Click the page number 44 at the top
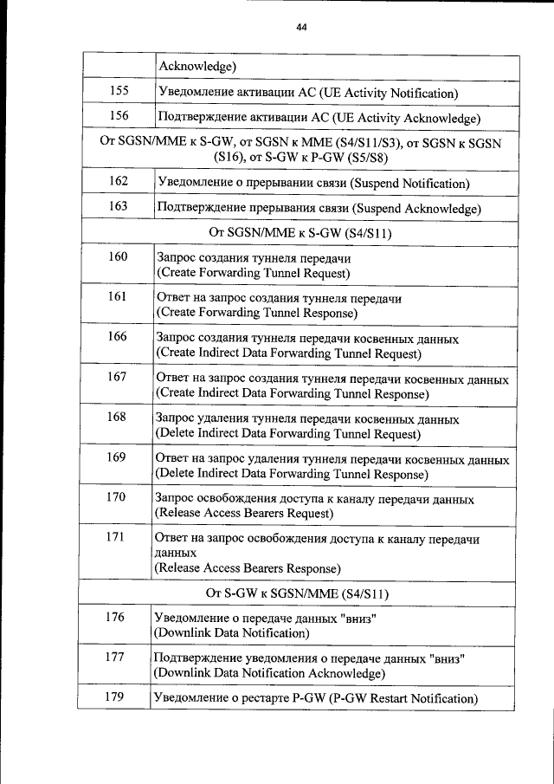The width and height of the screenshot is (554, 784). click(x=301, y=27)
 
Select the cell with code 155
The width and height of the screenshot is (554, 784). click(x=119, y=91)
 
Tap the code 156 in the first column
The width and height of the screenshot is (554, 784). click(x=119, y=116)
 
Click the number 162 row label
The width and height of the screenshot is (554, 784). click(x=119, y=181)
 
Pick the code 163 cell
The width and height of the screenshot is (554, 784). click(x=119, y=206)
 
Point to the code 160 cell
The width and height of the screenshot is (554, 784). click(x=118, y=256)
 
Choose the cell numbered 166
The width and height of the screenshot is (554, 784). click(x=117, y=336)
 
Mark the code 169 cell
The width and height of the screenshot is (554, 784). click(x=116, y=457)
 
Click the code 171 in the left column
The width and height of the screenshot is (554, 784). click(x=116, y=537)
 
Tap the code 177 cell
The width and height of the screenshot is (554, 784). click(x=115, y=657)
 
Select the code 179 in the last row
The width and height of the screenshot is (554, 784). click(x=115, y=697)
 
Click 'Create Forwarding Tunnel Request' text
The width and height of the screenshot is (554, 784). click(x=253, y=273)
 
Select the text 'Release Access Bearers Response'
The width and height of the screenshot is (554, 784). click(x=247, y=568)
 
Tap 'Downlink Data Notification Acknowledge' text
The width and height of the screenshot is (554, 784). click(x=268, y=673)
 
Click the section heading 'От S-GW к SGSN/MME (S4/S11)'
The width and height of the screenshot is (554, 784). click(x=297, y=593)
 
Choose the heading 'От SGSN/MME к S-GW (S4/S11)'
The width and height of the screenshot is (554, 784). click(x=300, y=232)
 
